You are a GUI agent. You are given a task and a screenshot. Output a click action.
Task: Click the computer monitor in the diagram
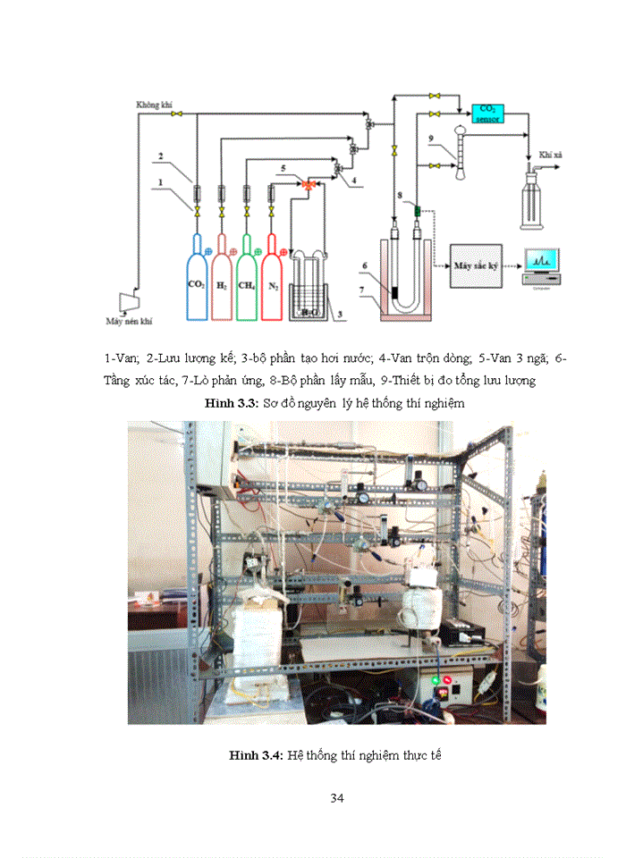tap(542, 260)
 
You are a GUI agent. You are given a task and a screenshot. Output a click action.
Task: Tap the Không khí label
tap(153, 105)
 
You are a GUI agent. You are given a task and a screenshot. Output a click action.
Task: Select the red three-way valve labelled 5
tap(308, 184)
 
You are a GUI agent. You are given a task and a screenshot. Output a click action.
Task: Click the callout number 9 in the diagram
tap(430, 138)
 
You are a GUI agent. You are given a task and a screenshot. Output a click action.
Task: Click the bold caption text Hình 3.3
tap(231, 404)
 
